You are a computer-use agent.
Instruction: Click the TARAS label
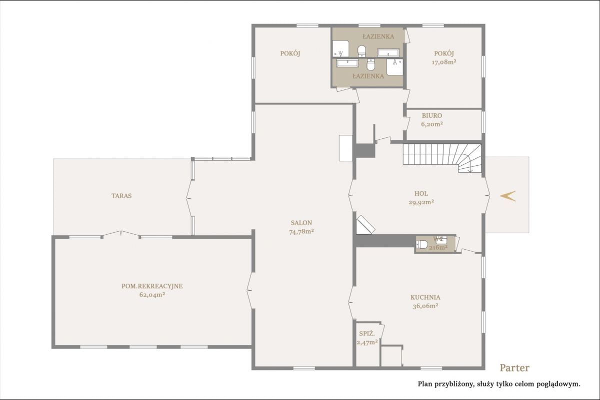point(121,196)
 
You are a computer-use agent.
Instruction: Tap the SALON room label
point(301,223)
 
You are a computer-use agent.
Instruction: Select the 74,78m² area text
point(301,232)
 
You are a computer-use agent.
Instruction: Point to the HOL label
point(421,193)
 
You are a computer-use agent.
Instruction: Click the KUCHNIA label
point(425,297)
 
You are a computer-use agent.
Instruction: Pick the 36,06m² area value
point(425,306)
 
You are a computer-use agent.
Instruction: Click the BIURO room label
point(432,115)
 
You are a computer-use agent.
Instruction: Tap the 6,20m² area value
point(432,124)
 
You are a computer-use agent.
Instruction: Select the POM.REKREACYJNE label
point(152,286)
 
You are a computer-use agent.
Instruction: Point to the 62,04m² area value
point(152,295)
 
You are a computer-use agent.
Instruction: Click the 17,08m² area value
point(444,62)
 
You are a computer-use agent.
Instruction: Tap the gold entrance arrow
point(507,196)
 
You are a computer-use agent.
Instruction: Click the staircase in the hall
point(442,158)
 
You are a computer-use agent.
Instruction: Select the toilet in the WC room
point(422,244)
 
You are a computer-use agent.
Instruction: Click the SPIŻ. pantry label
point(367,334)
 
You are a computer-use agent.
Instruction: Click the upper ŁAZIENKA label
point(378,36)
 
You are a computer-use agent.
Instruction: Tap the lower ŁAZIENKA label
point(368,76)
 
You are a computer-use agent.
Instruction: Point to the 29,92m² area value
point(421,202)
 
